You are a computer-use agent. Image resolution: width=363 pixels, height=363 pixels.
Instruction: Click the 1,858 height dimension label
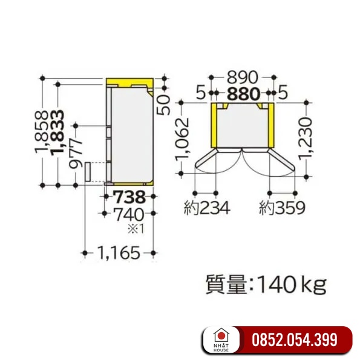(42, 132)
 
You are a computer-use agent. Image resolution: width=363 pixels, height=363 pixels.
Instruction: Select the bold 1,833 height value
(57, 132)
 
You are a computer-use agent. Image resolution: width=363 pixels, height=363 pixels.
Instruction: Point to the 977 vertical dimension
(76, 153)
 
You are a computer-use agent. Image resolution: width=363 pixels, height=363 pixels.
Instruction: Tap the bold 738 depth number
(130, 197)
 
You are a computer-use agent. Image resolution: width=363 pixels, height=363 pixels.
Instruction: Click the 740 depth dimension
(129, 215)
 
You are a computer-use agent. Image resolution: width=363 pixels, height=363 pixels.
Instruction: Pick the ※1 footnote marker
(136, 229)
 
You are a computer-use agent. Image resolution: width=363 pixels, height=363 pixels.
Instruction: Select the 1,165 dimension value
(119, 253)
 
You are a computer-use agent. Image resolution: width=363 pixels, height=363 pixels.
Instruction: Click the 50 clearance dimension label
(163, 105)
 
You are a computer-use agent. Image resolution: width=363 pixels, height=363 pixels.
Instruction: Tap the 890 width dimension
(243, 77)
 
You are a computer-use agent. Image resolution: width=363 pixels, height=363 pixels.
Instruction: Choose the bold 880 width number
(244, 94)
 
